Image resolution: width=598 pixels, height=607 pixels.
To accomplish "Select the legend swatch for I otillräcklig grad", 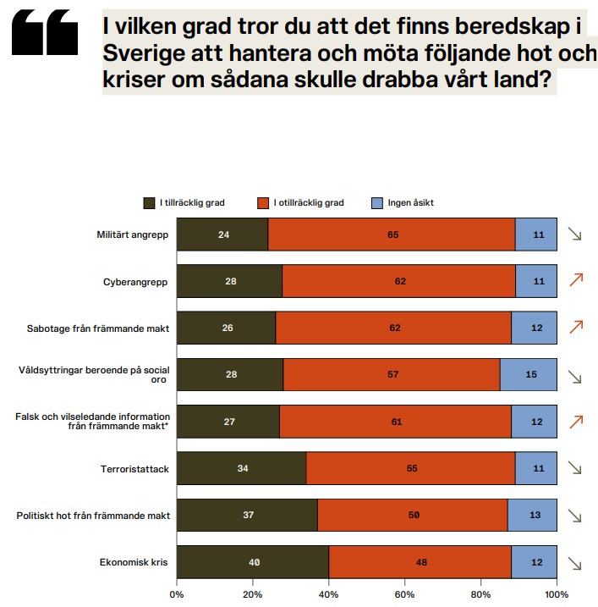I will point(263,202).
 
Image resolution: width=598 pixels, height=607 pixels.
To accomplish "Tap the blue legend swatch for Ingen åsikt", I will point(377,202).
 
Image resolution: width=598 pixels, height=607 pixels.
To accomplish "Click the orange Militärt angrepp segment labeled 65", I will point(392,235).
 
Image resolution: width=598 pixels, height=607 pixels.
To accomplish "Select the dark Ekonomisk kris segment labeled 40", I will point(253,563).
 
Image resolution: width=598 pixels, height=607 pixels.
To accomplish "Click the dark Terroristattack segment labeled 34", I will point(242,467).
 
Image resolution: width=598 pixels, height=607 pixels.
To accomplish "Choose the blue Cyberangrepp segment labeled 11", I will point(536,281).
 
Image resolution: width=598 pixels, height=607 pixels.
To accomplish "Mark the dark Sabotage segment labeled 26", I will point(226,328).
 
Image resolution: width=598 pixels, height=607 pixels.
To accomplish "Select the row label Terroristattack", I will point(134,467).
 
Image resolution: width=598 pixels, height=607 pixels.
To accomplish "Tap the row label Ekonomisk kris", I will point(136,563).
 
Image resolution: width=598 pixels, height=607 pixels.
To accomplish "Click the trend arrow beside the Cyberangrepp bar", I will point(577,281).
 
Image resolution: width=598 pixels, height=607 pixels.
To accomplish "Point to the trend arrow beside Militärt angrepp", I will point(576,235).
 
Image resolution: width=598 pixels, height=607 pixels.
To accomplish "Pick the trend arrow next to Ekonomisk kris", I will point(576,563).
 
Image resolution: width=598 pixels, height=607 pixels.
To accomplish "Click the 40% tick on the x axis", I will point(329,593).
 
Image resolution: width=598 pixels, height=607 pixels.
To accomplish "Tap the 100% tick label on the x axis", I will point(556,593).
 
